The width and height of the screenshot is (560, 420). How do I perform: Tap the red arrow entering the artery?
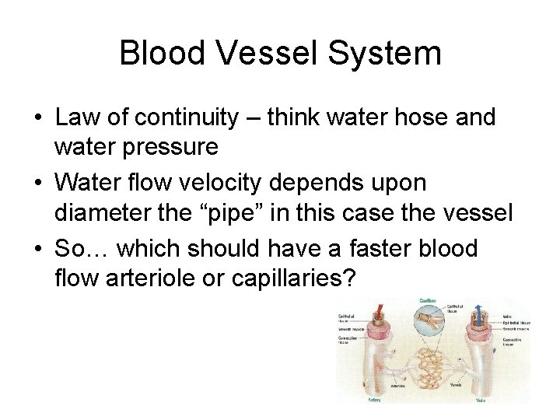tap(379, 312)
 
